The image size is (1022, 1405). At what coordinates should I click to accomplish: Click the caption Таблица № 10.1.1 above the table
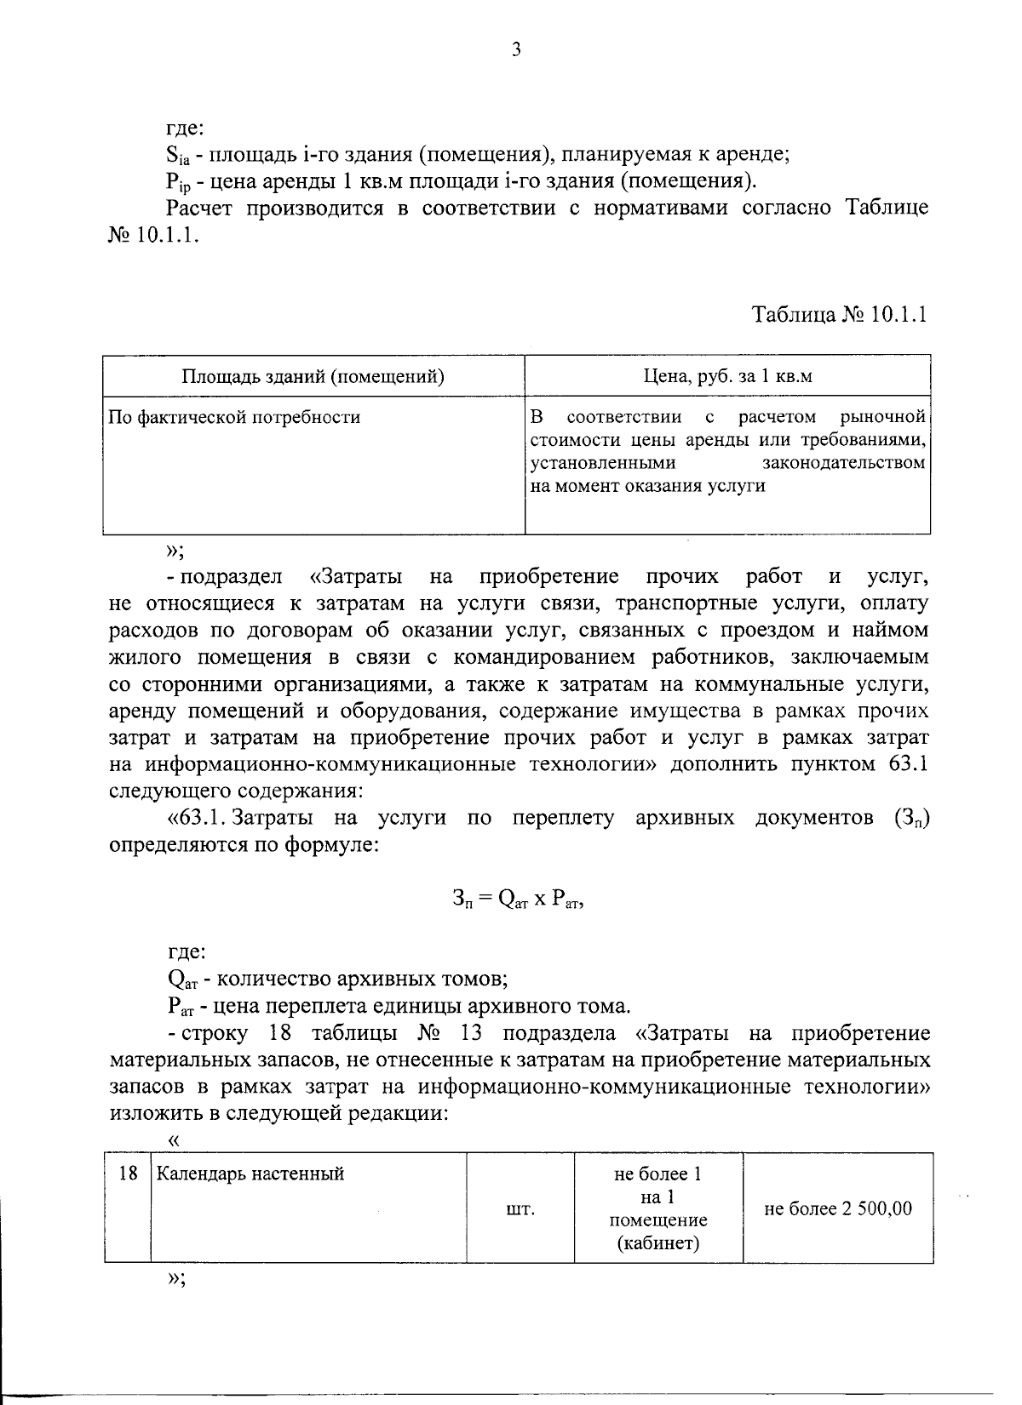[839, 314]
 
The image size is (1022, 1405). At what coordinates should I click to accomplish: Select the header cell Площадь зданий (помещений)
[313, 375]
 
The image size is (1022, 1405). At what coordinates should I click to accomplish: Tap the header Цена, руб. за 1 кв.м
[727, 375]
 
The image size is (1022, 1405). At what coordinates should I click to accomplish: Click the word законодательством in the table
[843, 463]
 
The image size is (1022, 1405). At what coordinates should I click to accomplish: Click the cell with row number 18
[128, 1174]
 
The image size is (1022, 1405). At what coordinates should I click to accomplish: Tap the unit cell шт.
[520, 1208]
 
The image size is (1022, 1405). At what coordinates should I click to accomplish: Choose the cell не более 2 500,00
[838, 1208]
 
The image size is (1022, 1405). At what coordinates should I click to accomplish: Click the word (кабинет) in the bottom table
[658, 1244]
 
